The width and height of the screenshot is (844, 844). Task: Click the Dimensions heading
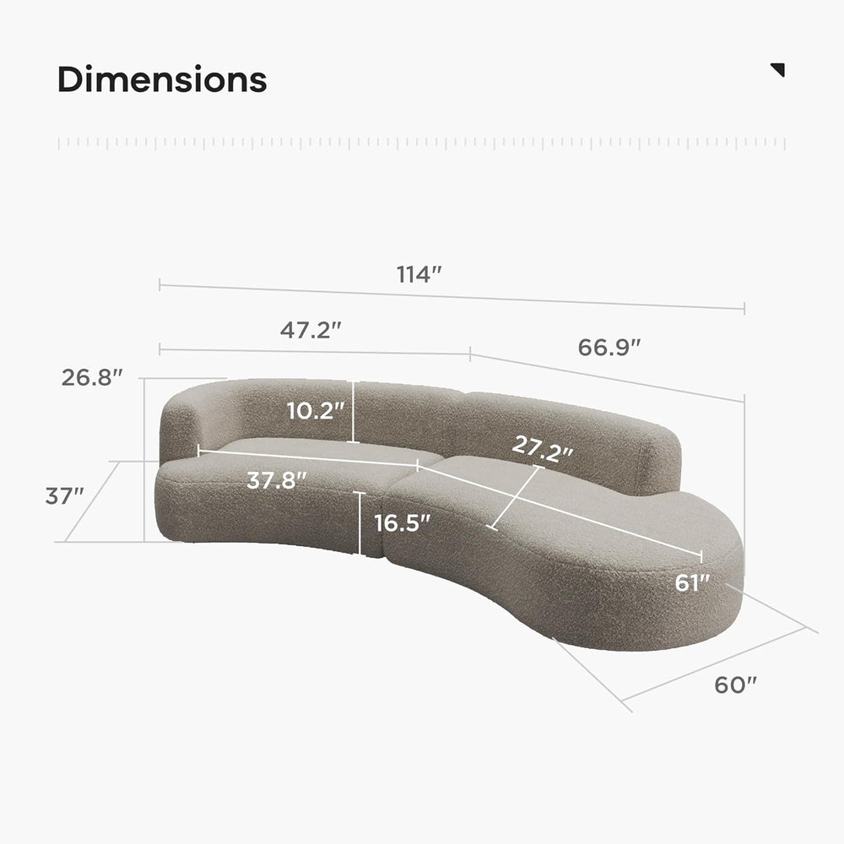[x=162, y=79]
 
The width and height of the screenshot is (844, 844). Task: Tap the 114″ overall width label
[x=419, y=274]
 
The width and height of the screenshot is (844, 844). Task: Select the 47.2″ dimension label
[x=311, y=330]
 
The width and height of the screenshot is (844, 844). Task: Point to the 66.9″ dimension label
[x=609, y=347]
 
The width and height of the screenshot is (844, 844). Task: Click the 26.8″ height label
[x=92, y=377]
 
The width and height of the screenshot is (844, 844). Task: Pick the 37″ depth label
[x=65, y=495]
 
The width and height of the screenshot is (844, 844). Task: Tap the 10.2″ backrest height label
[x=315, y=411]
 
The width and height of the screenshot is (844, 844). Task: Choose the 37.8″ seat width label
[x=277, y=479]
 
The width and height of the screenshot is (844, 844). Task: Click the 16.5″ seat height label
[x=402, y=522]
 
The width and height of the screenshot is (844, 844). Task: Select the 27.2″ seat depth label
[x=543, y=449]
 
